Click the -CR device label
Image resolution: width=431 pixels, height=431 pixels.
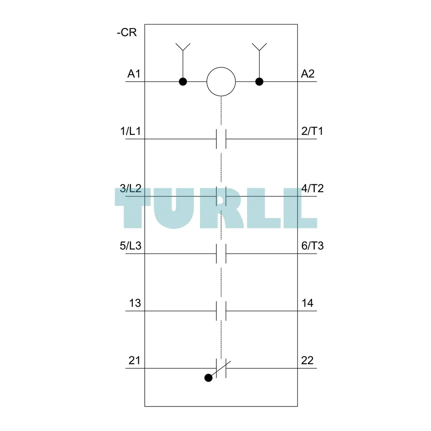[127, 32]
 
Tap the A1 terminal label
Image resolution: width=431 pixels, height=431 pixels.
[134, 74]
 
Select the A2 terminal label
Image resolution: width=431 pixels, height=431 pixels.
[308, 74]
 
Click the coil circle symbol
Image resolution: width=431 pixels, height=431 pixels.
[221, 81]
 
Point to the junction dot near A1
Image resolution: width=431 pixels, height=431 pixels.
[183, 81]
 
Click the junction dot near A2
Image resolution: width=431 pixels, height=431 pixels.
[259, 81]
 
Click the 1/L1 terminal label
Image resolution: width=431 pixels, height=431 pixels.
[131, 131]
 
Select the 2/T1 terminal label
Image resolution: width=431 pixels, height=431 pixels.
[312, 131]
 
